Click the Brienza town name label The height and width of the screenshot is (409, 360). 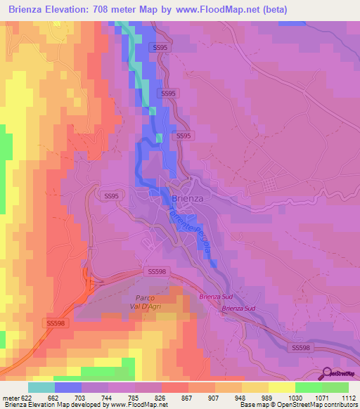187,198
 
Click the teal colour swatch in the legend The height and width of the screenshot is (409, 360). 41,387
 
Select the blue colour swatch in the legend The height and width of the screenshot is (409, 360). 68,387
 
